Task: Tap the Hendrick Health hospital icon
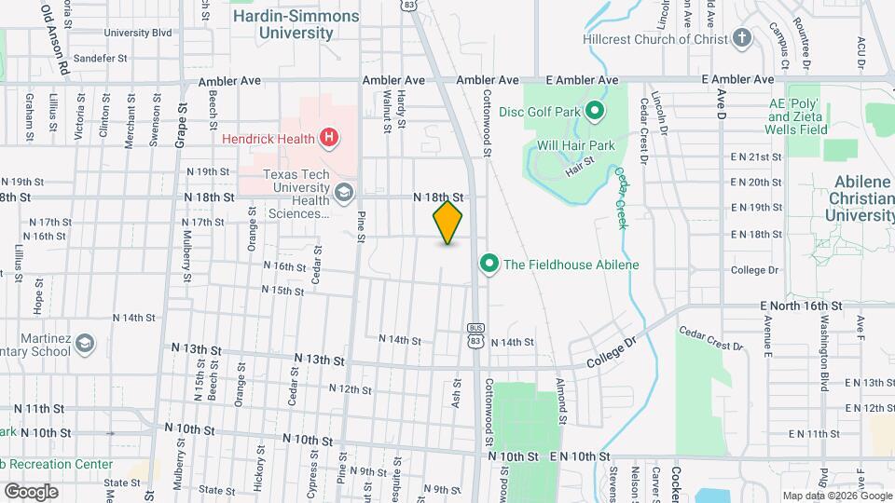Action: click(x=328, y=139)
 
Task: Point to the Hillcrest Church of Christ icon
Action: click(x=742, y=38)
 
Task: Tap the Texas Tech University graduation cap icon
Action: click(x=343, y=194)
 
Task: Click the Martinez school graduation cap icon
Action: click(x=86, y=345)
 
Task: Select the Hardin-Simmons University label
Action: click(x=282, y=24)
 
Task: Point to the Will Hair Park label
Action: click(x=575, y=145)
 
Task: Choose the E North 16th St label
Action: click(x=801, y=306)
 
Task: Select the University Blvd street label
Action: click(x=138, y=33)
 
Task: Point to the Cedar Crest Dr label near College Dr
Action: click(x=711, y=338)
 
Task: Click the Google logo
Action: click(x=31, y=491)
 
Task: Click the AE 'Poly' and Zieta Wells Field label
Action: click(x=796, y=116)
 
